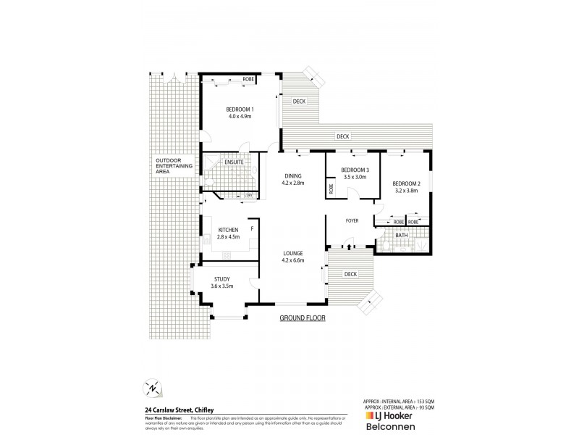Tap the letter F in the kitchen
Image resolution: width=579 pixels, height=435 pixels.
pos(251,229)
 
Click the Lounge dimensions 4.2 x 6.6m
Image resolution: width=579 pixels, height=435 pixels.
pos(292,260)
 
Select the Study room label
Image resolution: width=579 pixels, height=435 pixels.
pos(222,279)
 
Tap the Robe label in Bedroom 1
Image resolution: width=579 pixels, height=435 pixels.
pos(248,78)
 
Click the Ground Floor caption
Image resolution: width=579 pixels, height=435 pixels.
pos(303,318)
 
